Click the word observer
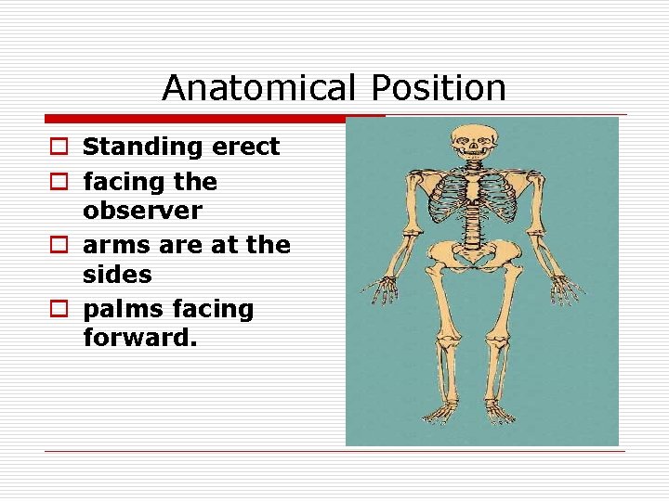click(142, 211)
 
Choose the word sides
click(117, 276)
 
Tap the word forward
click(139, 338)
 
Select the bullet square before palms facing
click(58, 309)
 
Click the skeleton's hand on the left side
click(380, 290)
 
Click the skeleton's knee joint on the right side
click(503, 343)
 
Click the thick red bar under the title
click(215, 119)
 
